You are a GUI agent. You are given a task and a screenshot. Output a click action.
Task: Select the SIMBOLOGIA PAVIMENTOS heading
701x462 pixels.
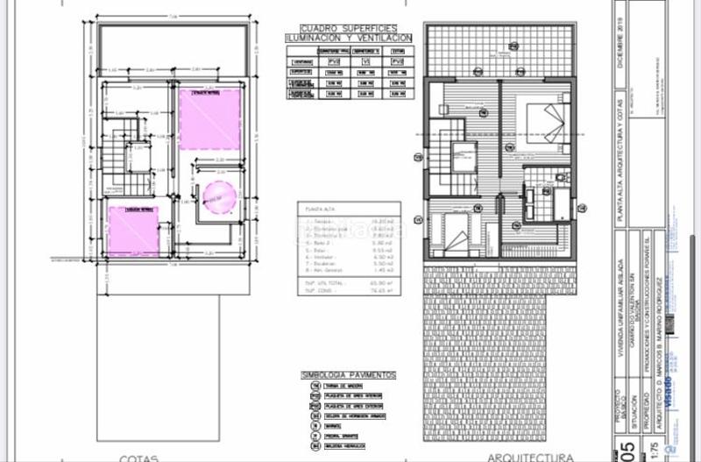click(348, 375)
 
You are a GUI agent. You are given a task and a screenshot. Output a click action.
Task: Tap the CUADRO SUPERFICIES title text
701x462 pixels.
click(348, 29)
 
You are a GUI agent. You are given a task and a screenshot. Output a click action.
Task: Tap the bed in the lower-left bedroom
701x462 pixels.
click(457, 232)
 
